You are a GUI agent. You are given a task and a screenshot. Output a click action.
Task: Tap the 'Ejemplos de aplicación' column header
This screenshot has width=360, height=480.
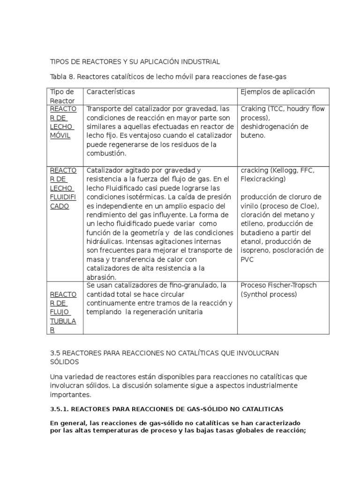[x=277, y=92]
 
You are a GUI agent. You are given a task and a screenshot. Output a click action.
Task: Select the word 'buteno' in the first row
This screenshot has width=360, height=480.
[x=253, y=135]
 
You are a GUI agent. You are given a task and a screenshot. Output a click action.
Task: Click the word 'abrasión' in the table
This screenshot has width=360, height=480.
[x=102, y=277]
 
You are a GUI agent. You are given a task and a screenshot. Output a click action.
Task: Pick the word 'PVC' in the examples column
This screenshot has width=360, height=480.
[x=247, y=259]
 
